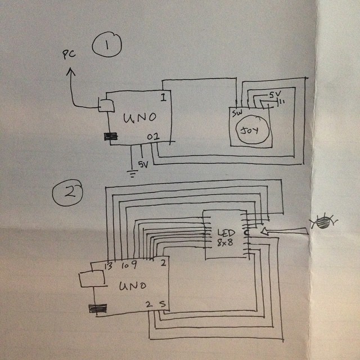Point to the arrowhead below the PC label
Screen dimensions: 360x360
(x=70, y=72)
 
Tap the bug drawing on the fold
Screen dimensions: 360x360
(x=322, y=222)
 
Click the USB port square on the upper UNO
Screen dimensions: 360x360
(x=105, y=105)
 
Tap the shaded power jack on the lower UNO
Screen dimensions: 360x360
(x=97, y=308)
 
